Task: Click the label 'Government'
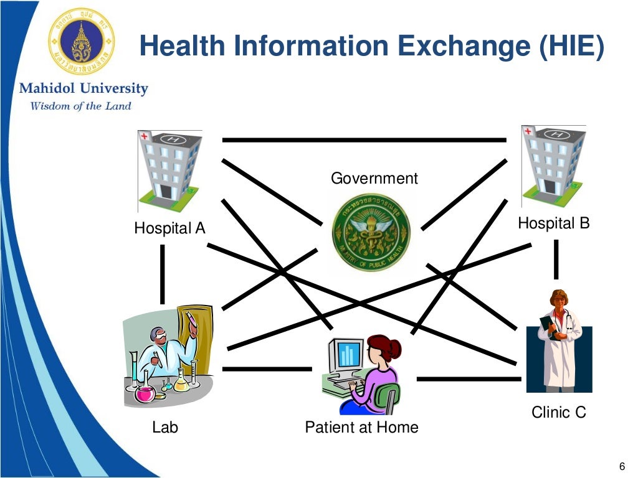point(374,179)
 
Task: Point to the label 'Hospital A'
point(169,228)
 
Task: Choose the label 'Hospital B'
point(553,223)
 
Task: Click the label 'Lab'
point(165,427)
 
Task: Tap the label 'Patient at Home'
point(361,427)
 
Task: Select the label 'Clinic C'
point(559,412)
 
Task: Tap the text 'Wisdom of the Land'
point(81,106)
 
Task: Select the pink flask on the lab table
point(145,393)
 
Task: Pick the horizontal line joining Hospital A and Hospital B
point(364,140)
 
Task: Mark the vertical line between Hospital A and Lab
point(163,274)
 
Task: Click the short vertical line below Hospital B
point(556,259)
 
